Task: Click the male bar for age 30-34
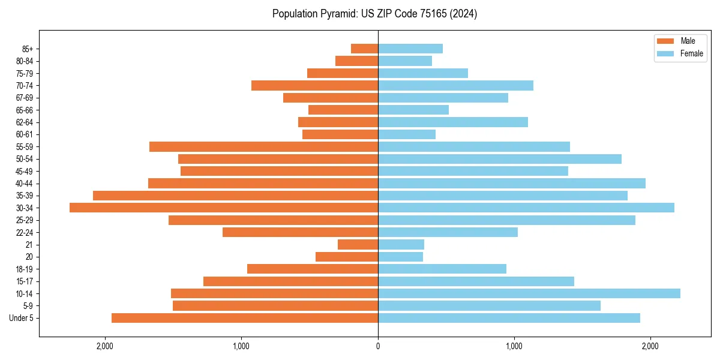tap(224, 208)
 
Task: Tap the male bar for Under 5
tap(245, 318)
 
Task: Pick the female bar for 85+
tap(410, 49)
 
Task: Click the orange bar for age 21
tap(358, 245)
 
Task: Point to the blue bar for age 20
tap(400, 257)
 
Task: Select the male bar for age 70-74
tap(315, 85)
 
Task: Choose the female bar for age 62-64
tap(453, 122)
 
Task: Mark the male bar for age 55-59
tap(264, 146)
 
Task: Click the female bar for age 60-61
tap(407, 134)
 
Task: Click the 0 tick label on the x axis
tap(378, 346)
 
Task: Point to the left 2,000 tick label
tap(105, 346)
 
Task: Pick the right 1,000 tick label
tap(514, 346)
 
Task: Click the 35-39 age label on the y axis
tap(25, 196)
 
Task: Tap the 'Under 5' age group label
tap(22, 318)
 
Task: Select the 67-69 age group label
tap(25, 98)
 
